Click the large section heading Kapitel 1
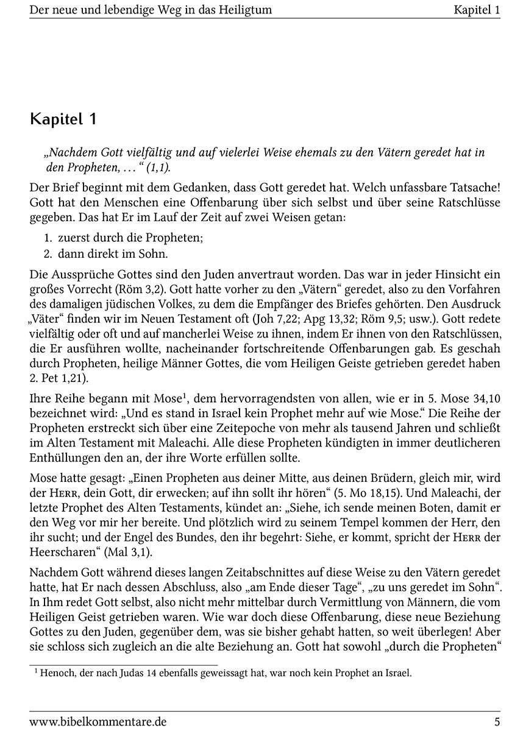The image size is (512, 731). pyautogui.click(x=63, y=118)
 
